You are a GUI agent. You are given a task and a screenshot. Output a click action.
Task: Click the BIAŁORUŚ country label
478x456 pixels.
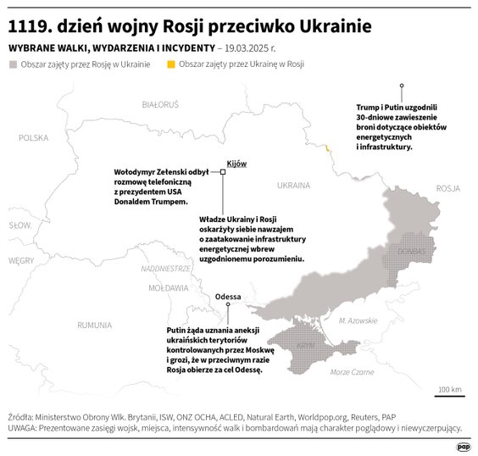[x=160, y=104]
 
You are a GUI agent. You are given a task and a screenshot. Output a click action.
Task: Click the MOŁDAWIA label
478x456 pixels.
[x=168, y=288]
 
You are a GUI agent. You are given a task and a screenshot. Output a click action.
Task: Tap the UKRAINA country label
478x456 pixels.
[x=293, y=184]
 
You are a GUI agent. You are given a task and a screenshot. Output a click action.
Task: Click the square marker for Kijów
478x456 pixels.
[x=223, y=172]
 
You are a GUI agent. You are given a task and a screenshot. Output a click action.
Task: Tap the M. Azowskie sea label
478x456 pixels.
[x=358, y=320]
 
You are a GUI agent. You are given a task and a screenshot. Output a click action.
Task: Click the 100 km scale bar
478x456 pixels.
[x=449, y=396]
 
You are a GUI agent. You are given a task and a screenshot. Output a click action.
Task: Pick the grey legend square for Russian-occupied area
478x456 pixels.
[x=12, y=64]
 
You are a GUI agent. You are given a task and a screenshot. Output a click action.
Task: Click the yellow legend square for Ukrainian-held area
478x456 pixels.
[x=170, y=64]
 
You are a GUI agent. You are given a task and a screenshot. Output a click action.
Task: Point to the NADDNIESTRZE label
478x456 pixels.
[x=166, y=268]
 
